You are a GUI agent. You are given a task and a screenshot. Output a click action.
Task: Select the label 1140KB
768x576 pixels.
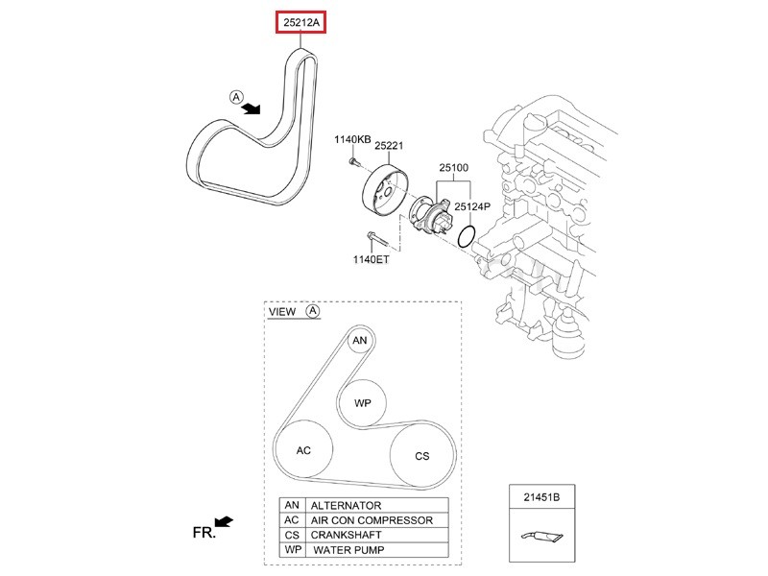click(352, 140)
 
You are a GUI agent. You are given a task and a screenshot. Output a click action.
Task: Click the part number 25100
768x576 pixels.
click(453, 168)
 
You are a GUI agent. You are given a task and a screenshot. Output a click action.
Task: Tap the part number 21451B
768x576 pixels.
click(541, 497)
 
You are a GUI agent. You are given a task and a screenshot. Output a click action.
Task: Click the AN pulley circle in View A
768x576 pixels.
click(360, 341)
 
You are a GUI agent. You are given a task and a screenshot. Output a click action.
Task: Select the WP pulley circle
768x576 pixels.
click(362, 403)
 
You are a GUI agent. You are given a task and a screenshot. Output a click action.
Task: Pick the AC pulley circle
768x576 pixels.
click(303, 450)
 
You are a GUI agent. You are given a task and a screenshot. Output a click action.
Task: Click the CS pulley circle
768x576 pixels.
click(421, 456)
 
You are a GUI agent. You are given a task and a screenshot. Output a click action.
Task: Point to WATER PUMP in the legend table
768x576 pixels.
click(349, 550)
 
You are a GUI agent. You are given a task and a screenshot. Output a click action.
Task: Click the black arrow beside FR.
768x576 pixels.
click(224, 522)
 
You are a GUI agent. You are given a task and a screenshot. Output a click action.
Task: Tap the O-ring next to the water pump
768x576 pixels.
click(466, 237)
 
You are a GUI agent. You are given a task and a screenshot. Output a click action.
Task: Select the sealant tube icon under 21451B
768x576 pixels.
click(540, 538)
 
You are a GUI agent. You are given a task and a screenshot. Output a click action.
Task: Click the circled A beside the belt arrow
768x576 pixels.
click(235, 97)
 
